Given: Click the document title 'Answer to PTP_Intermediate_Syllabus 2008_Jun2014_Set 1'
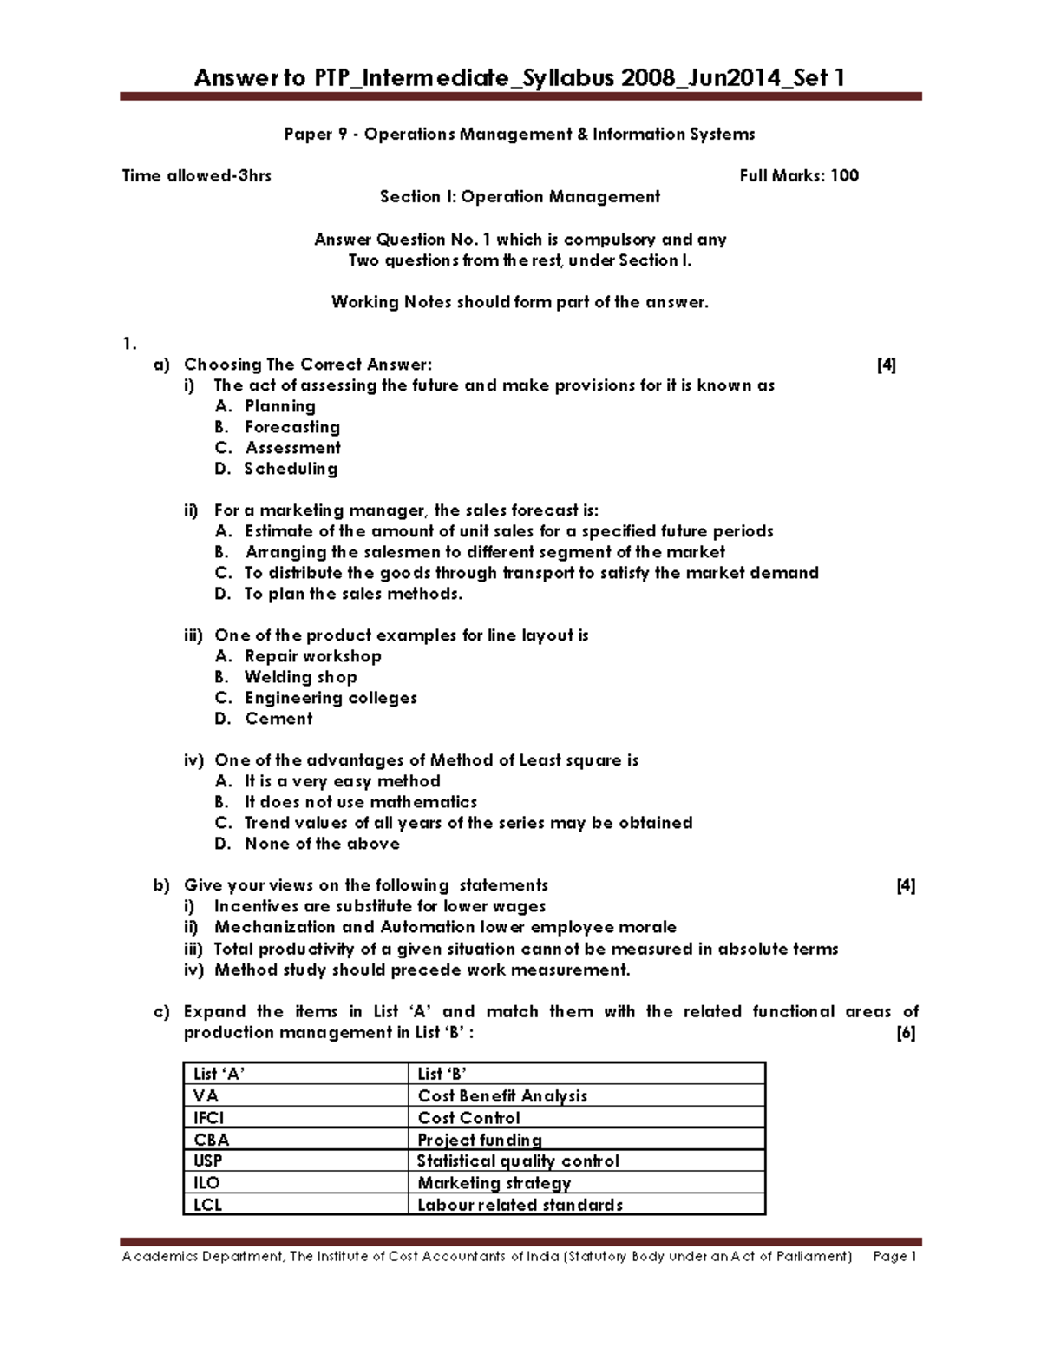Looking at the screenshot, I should pos(520,78).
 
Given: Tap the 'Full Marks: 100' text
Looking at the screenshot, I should pos(798,176).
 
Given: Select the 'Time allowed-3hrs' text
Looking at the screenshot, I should pos(197,176).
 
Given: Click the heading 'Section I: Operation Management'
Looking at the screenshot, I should pos(520,197).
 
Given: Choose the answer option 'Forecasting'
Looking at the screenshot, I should pos(291,427).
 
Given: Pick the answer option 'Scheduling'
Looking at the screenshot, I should pos(291,469).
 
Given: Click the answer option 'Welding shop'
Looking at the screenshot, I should pos(300,677).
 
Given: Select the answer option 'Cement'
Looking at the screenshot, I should pos(278,719).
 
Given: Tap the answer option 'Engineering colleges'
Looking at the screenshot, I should pos(331,698).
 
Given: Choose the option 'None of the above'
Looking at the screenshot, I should pos(322,844).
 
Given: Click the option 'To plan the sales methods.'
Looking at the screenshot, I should pos(353,594).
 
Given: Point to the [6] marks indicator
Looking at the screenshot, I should pos(906,1033).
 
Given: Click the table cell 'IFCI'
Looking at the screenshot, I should pos(209,1118).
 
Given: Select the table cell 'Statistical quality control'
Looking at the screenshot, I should pos(518,1161).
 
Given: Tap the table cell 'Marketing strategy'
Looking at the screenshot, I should pos(494,1183).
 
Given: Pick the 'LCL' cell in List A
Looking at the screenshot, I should pos(208,1205).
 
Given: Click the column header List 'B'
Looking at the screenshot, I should pos(443,1074).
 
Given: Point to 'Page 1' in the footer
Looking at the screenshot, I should pos(895,1257).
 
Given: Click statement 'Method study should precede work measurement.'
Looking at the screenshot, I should pos(422,970).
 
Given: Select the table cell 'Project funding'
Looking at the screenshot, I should pos(480,1140).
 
